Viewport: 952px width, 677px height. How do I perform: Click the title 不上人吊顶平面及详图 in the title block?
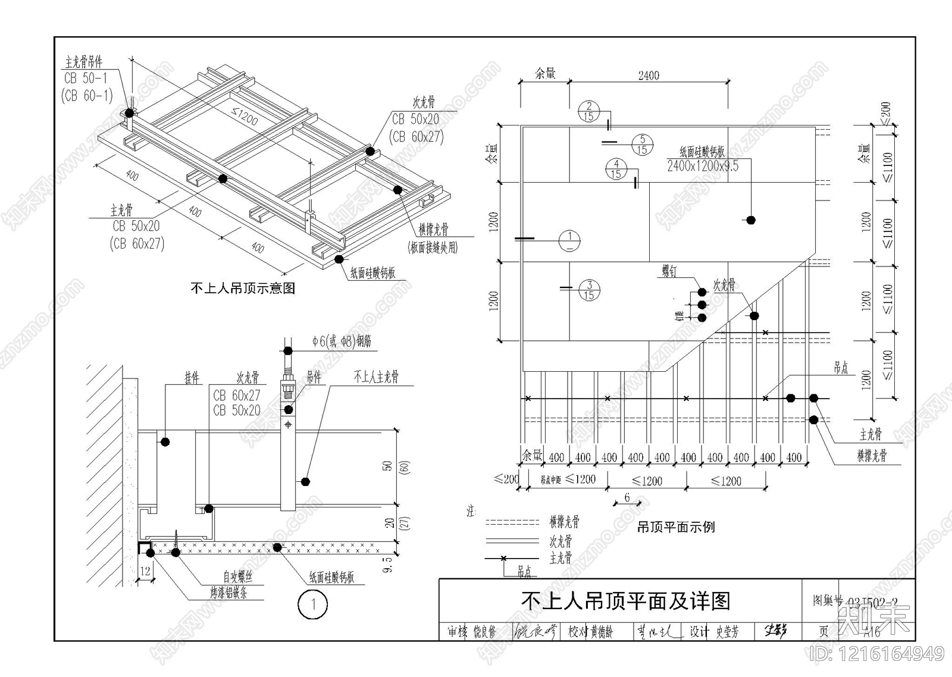625,601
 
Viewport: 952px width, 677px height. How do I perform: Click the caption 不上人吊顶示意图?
243,289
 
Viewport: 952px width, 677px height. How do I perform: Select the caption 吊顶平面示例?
676,527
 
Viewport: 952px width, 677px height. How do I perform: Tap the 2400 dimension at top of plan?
649,76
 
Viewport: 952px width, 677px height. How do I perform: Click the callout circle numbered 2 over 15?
589,111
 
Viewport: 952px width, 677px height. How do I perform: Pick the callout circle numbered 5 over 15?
641,145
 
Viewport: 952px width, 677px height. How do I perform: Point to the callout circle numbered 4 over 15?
616,169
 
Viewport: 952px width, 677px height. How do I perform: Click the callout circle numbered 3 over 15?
589,290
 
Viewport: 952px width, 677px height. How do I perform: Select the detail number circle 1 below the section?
312,604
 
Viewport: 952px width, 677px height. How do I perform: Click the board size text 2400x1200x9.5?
702,167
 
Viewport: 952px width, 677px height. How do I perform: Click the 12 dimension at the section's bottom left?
145,571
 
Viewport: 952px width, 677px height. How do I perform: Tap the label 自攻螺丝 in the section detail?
237,576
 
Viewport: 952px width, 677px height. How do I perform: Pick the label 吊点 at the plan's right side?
841,368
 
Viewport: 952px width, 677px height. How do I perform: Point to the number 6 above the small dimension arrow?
627,497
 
